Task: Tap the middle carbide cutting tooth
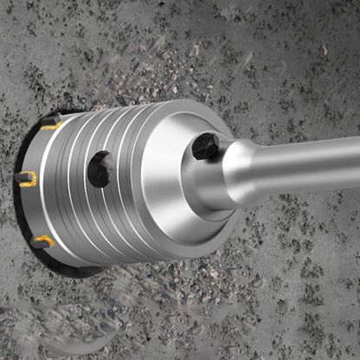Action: coord(26,178)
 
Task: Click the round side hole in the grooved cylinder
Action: coord(100,169)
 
